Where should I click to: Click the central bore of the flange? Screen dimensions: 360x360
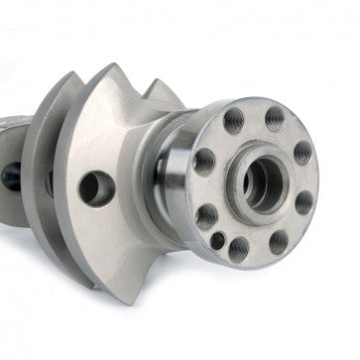point(261,180)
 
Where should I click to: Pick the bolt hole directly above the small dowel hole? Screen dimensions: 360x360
point(208,214)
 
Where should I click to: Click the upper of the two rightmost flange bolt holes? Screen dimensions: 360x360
point(301,154)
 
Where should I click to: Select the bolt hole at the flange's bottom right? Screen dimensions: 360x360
point(280,237)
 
